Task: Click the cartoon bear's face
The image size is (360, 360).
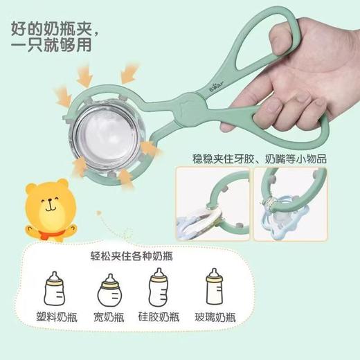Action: pyautogui.click(x=53, y=204)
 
